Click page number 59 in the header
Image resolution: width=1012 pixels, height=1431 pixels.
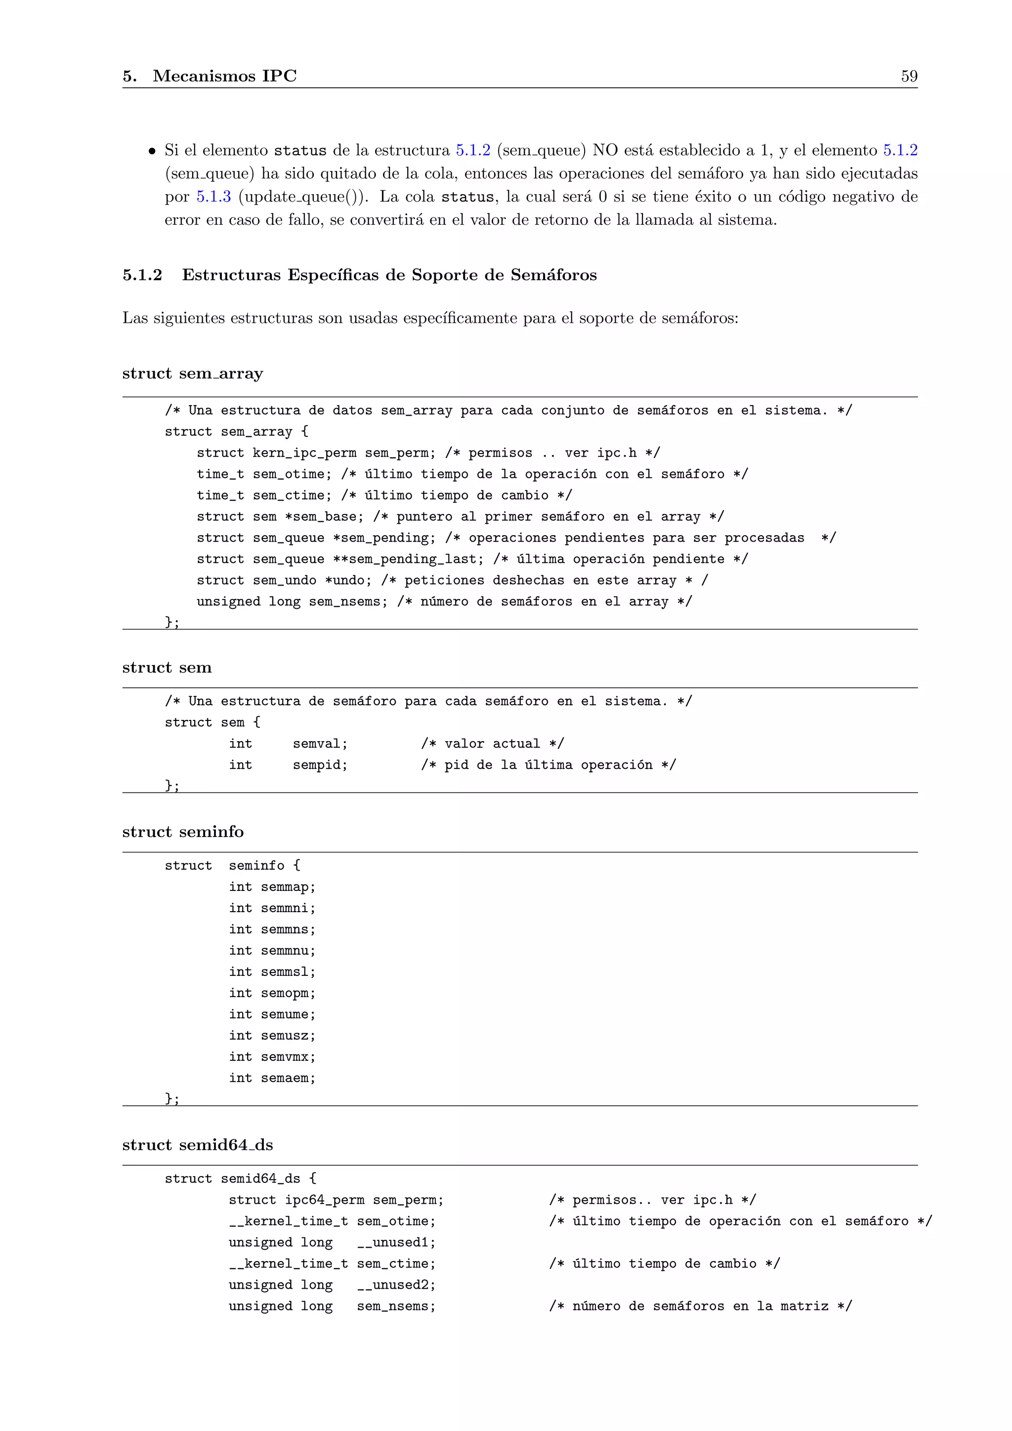point(909,76)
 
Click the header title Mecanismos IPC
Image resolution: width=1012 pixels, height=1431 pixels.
point(224,76)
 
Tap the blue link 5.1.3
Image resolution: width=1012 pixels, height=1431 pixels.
point(214,197)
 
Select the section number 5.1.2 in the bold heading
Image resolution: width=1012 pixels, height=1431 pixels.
point(142,275)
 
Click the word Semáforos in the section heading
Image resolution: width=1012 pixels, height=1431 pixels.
point(553,275)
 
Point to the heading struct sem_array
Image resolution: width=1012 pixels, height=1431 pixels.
point(193,374)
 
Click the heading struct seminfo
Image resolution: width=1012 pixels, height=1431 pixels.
point(182,832)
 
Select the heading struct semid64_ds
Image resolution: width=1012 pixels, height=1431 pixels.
point(198,1145)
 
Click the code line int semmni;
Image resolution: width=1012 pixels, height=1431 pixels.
point(272,908)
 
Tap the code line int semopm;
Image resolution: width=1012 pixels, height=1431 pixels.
point(272,993)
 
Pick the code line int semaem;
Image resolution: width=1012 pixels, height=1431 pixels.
point(272,1078)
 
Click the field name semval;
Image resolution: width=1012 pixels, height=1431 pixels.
point(320,744)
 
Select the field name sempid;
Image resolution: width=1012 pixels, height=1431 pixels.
point(320,765)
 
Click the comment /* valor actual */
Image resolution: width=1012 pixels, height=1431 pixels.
point(492,744)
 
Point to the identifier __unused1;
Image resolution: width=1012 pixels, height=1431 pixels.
point(396,1242)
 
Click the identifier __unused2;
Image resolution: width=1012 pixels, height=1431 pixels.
point(396,1285)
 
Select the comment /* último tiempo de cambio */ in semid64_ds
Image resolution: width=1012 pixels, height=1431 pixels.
point(664,1263)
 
